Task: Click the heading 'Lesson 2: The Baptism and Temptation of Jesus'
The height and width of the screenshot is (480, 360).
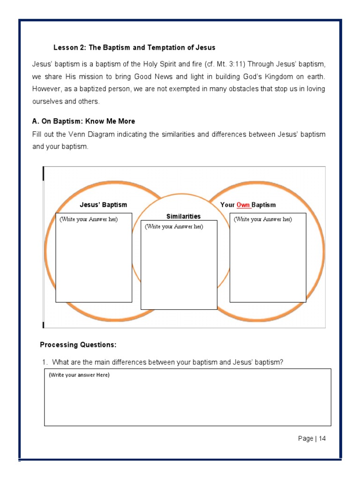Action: coord(135,48)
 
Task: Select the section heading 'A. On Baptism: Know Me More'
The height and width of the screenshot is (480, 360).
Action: coord(83,121)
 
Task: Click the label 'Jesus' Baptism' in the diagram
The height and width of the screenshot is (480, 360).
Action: coord(103,205)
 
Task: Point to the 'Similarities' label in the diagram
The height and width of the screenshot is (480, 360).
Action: coord(183,216)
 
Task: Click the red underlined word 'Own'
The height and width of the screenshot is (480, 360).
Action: coord(243,205)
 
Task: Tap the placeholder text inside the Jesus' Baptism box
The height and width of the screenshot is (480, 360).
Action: coord(89,219)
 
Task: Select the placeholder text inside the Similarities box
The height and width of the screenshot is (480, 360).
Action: coord(173,226)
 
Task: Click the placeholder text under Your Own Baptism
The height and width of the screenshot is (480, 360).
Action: coord(262,219)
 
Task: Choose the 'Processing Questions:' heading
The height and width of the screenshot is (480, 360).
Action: coord(78,345)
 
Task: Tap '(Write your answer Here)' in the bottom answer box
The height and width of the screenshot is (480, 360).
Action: coord(79,375)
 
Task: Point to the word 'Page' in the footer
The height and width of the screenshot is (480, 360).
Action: coord(306,439)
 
